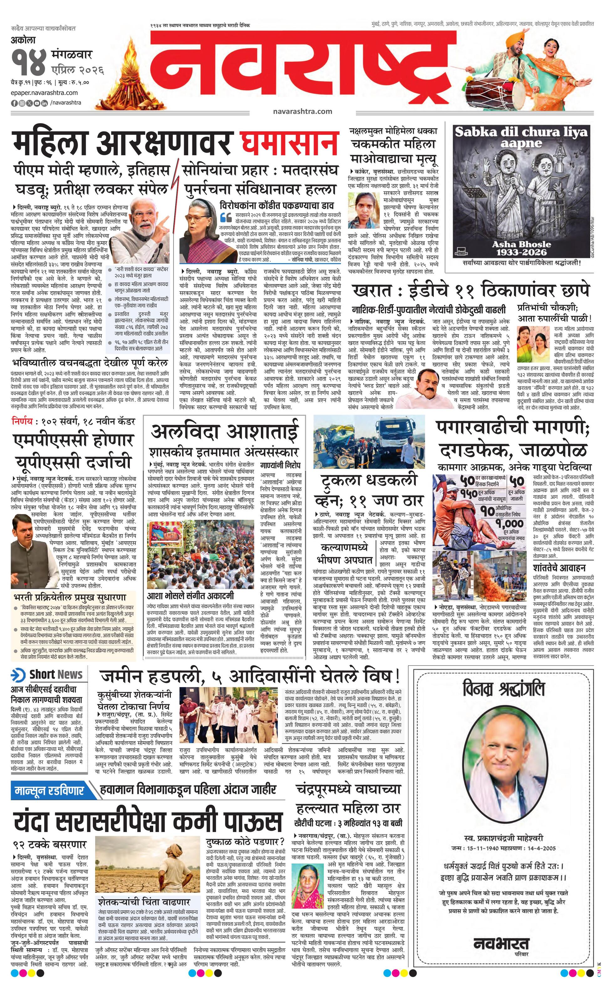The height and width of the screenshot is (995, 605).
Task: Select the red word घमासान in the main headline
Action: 288,143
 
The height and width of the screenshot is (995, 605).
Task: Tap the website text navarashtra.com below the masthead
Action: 302,111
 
